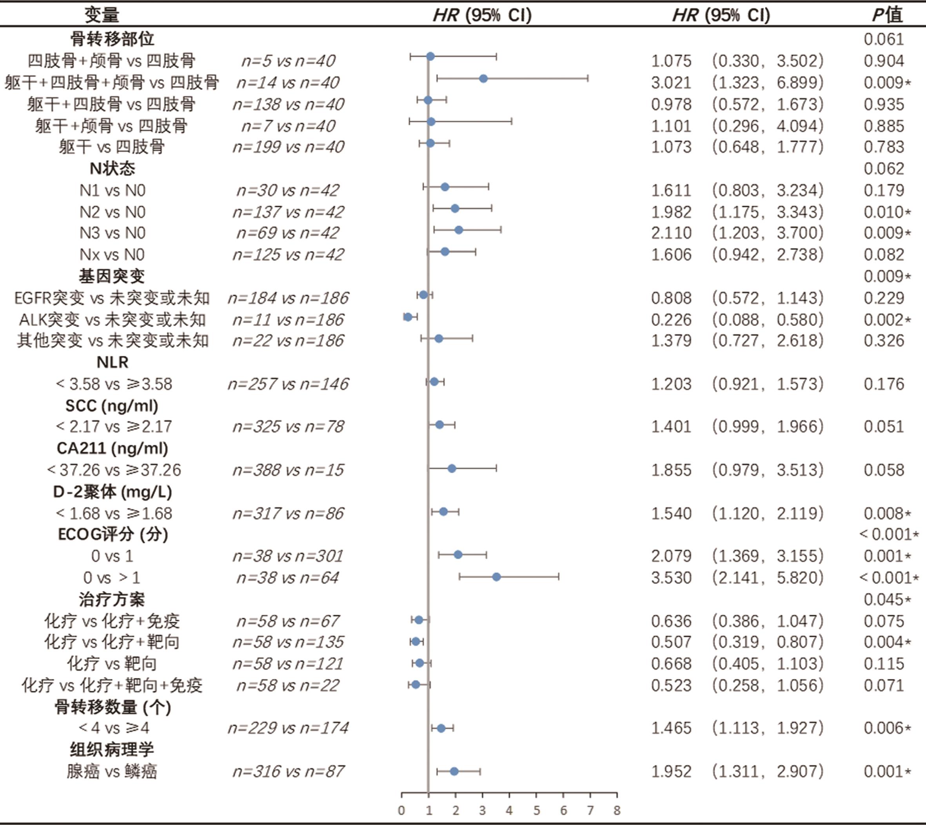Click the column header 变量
[102, 15]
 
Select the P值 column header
[888, 15]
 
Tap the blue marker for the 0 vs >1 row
[496, 577]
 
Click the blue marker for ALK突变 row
[408, 317]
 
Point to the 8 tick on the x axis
[617, 810]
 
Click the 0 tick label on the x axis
[401, 810]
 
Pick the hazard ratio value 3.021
[671, 82]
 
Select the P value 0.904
[884, 61]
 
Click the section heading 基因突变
[112, 276]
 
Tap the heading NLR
[113, 362]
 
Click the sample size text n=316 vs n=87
[288, 772]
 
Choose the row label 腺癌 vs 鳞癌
[112, 772]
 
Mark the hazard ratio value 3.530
[671, 578]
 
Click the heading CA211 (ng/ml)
[113, 448]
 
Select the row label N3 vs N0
[112, 233]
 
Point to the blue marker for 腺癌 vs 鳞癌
[454, 771]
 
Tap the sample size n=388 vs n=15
[288, 470]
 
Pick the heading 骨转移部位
[112, 39]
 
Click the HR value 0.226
[671, 319]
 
